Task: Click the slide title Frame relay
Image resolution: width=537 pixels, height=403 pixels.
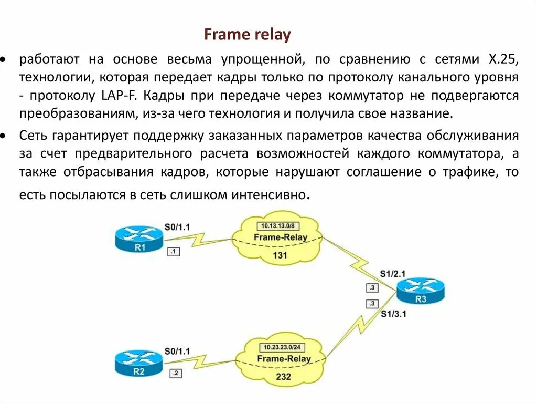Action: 247,35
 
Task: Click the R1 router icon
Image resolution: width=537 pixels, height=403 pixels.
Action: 139,239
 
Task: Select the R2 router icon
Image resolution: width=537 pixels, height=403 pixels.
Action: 138,363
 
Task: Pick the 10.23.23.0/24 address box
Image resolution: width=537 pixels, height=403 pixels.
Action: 282,347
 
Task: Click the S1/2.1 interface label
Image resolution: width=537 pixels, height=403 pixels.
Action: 393,274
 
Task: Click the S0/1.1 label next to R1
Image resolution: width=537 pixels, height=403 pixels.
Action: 177,227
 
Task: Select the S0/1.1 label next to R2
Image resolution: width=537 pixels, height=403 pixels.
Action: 177,350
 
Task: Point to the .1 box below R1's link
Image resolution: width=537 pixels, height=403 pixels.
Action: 174,252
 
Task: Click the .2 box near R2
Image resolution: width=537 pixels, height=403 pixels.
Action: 176,374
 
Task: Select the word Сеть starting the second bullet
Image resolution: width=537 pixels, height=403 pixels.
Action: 35,136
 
